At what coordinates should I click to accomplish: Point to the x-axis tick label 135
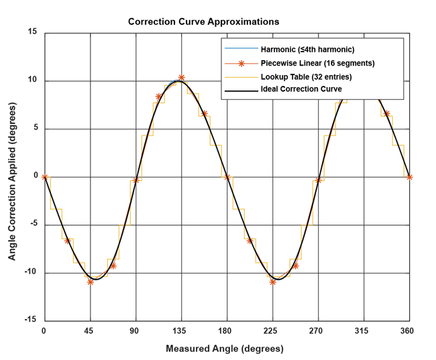coord(181,331)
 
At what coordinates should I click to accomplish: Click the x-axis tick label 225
coord(272,331)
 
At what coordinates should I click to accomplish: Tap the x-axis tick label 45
coord(90,331)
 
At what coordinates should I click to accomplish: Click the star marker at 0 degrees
coord(44,177)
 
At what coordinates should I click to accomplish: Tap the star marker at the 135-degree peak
coord(181,78)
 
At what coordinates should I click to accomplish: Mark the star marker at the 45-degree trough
coord(90,282)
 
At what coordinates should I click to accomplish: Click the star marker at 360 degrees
coord(409,177)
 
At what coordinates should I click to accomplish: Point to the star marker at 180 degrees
coord(227,177)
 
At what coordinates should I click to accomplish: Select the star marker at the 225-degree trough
coord(272,282)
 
